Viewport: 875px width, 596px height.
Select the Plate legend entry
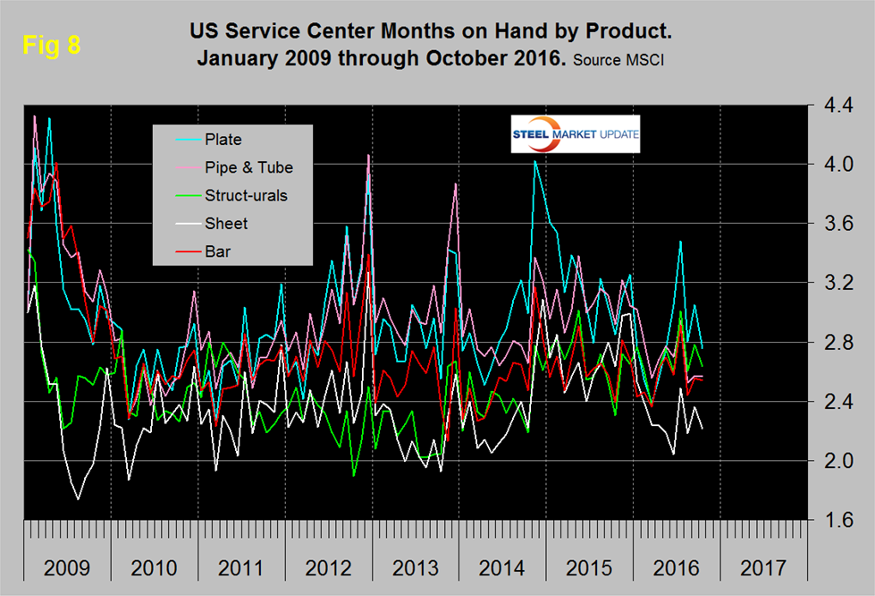tap(223, 139)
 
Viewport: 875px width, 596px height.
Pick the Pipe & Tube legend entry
tap(248, 167)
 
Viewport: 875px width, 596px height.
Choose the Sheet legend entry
tap(226, 223)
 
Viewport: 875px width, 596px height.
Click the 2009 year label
tap(67, 567)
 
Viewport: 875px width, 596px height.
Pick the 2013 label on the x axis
tap(416, 567)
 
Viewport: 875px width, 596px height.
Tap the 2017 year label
tap(763, 567)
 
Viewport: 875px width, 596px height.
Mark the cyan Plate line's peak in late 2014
tap(534, 161)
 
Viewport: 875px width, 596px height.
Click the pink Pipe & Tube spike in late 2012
tap(368, 156)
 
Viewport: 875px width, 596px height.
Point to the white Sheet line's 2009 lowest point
tap(78, 498)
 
